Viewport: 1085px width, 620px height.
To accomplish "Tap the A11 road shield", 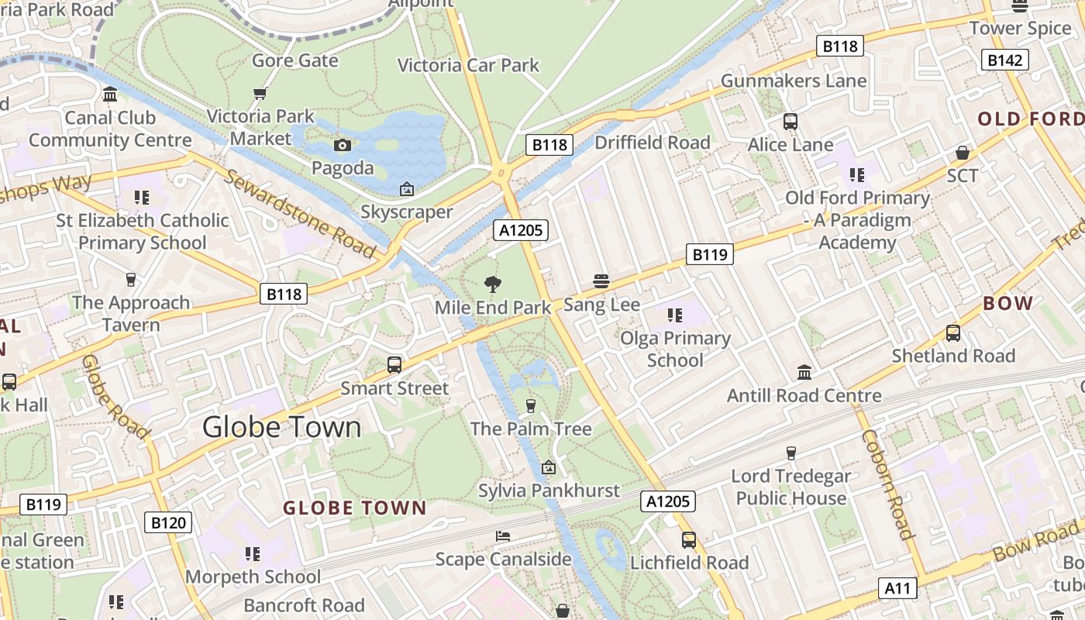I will point(897,588).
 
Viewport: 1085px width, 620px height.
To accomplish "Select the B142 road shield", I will point(1004,60).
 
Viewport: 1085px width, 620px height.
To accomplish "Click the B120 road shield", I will point(167,522).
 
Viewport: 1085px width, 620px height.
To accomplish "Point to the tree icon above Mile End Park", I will point(492,284).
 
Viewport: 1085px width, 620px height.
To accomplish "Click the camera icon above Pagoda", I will point(342,145).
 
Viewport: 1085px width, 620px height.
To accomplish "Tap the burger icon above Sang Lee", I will point(601,281).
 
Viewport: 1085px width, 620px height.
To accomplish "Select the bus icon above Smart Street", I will point(394,364).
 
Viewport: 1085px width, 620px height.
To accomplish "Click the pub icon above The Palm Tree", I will point(531,405).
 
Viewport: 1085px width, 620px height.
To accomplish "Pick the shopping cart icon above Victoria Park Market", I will point(260,93).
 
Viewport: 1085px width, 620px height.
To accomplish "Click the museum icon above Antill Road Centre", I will point(804,373).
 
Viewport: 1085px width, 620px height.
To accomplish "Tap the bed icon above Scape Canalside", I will point(503,536).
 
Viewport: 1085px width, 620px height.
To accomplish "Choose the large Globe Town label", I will point(282,427).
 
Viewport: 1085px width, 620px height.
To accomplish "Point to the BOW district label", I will point(1007,303).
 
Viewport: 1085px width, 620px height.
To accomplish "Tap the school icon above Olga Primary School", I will point(675,315).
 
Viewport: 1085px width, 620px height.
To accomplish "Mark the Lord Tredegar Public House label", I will point(791,487).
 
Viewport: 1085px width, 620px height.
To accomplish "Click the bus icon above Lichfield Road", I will point(689,540).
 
